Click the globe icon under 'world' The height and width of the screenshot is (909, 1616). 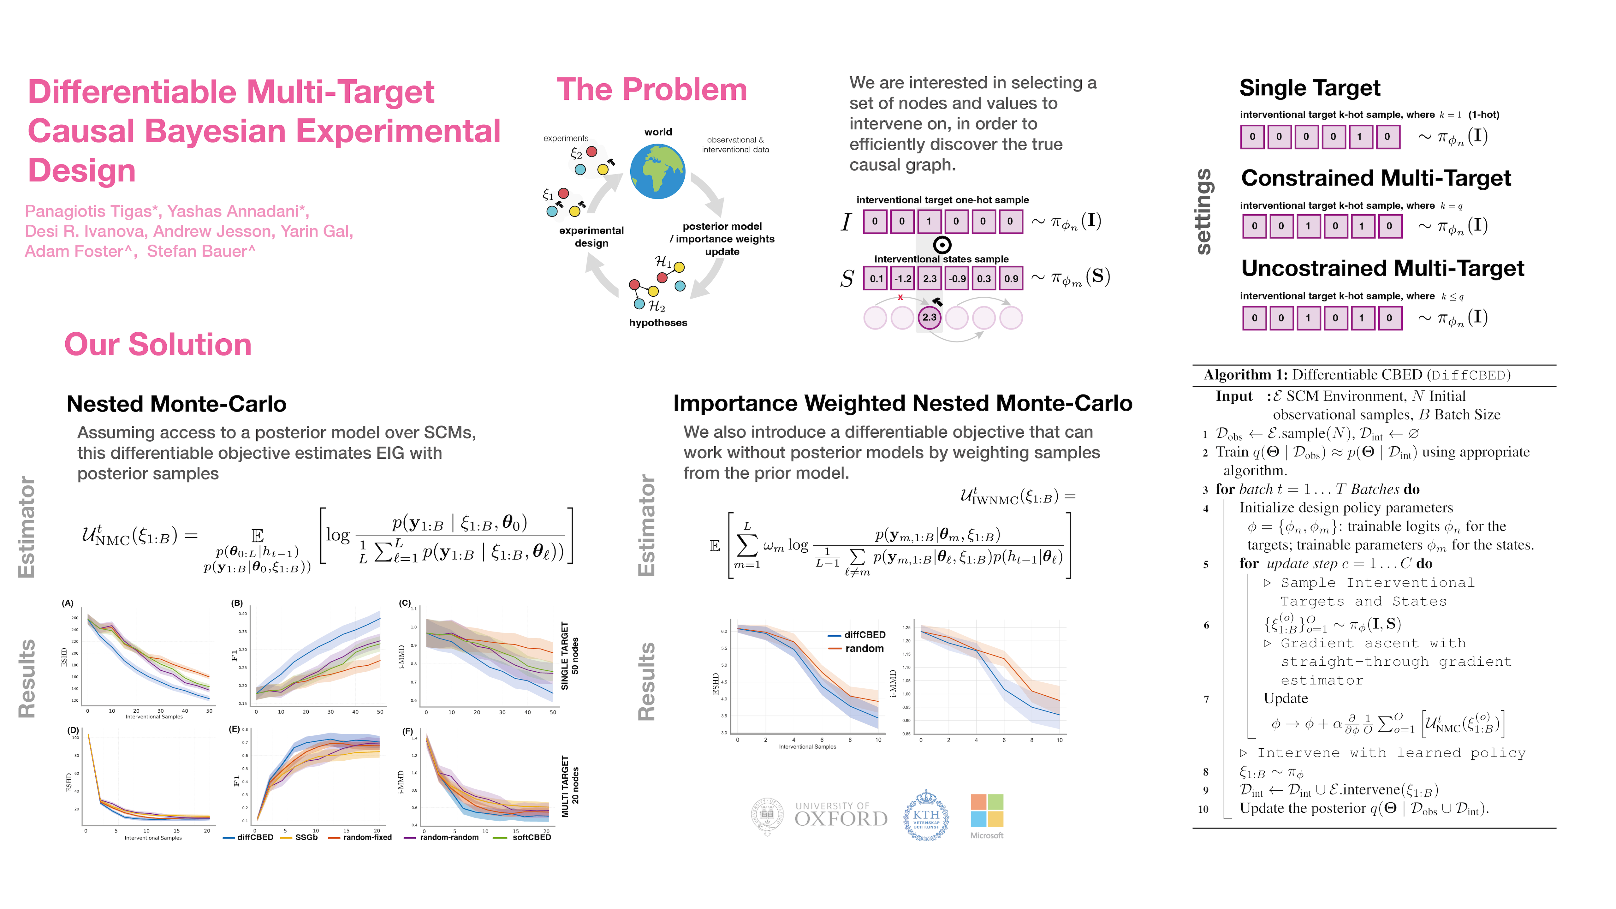657,171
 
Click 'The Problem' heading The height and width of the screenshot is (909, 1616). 652,90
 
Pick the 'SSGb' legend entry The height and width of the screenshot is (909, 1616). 306,837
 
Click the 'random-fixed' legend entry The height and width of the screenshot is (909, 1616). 367,837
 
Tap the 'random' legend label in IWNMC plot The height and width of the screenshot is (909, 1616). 864,649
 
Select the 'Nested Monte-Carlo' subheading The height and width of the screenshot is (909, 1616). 176,404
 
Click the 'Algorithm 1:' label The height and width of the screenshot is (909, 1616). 1245,375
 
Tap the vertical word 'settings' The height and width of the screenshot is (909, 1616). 1203,212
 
